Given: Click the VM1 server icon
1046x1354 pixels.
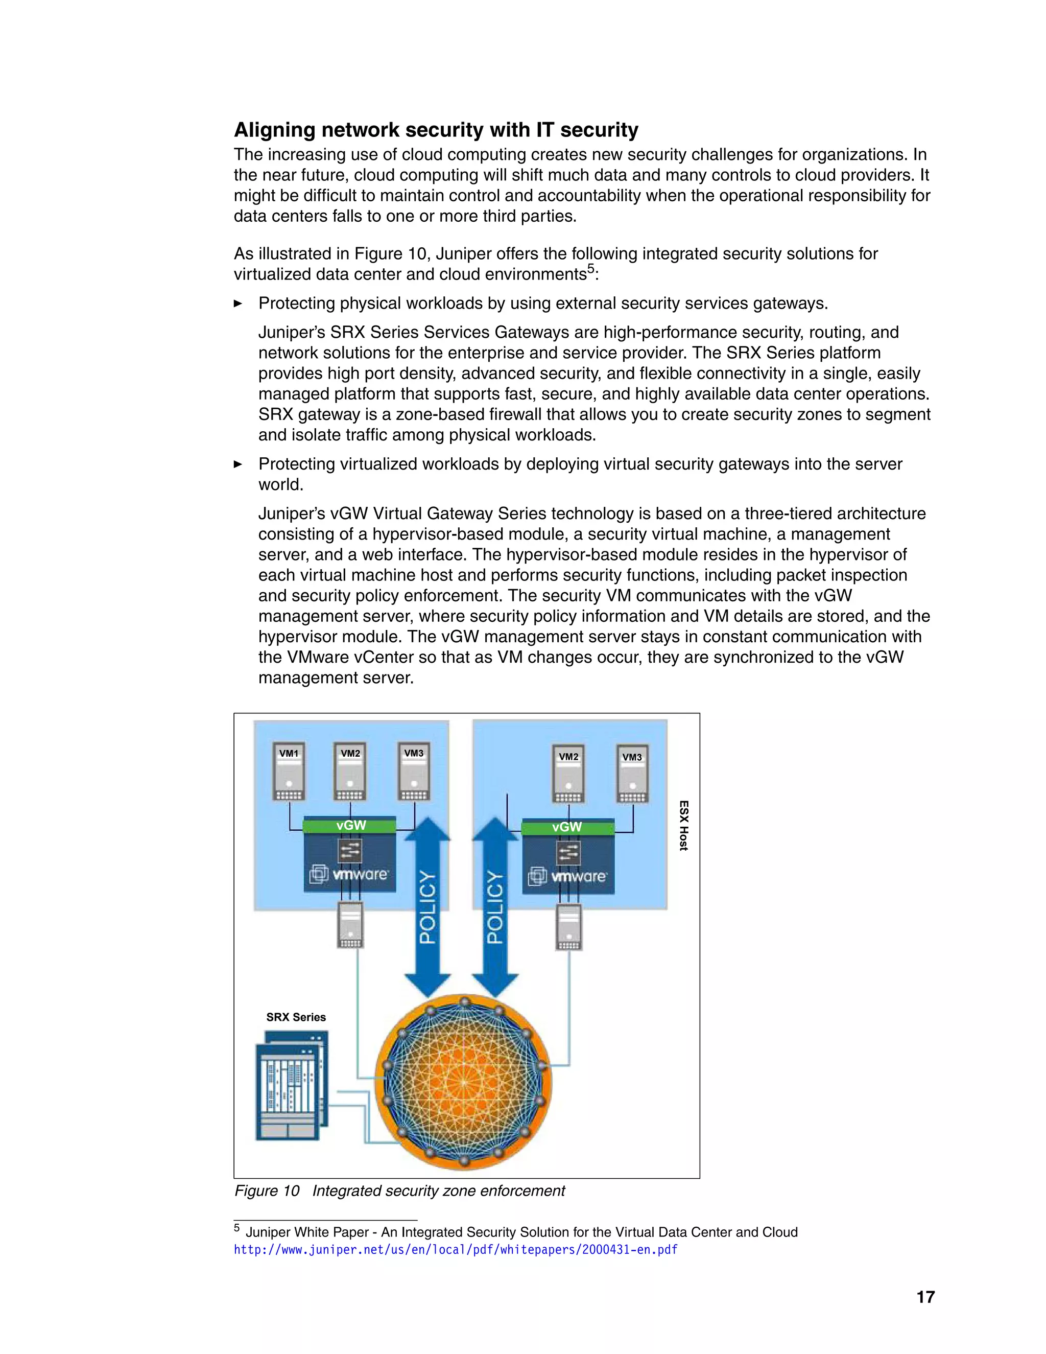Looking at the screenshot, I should pyautogui.click(x=289, y=773).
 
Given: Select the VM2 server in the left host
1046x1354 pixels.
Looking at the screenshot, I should pyautogui.click(x=350, y=773).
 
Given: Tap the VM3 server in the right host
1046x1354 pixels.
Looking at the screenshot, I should pyautogui.click(x=632, y=775).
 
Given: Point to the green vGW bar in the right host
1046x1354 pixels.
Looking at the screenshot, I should pyautogui.click(x=567, y=827).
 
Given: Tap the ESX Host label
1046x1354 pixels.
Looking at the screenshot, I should pyautogui.click(x=683, y=826).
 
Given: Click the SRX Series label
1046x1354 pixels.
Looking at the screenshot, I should pyautogui.click(x=296, y=1017).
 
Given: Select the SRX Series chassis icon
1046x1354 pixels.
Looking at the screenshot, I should pyautogui.click(x=292, y=1085).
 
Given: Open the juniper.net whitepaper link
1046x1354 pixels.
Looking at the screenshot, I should pyautogui.click(x=456, y=1250).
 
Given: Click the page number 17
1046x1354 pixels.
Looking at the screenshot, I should pyautogui.click(x=925, y=1297).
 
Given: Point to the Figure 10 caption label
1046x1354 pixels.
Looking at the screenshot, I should pyautogui.click(x=267, y=1191).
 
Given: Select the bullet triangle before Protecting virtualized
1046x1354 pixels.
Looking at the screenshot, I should pyautogui.click(x=238, y=464).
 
